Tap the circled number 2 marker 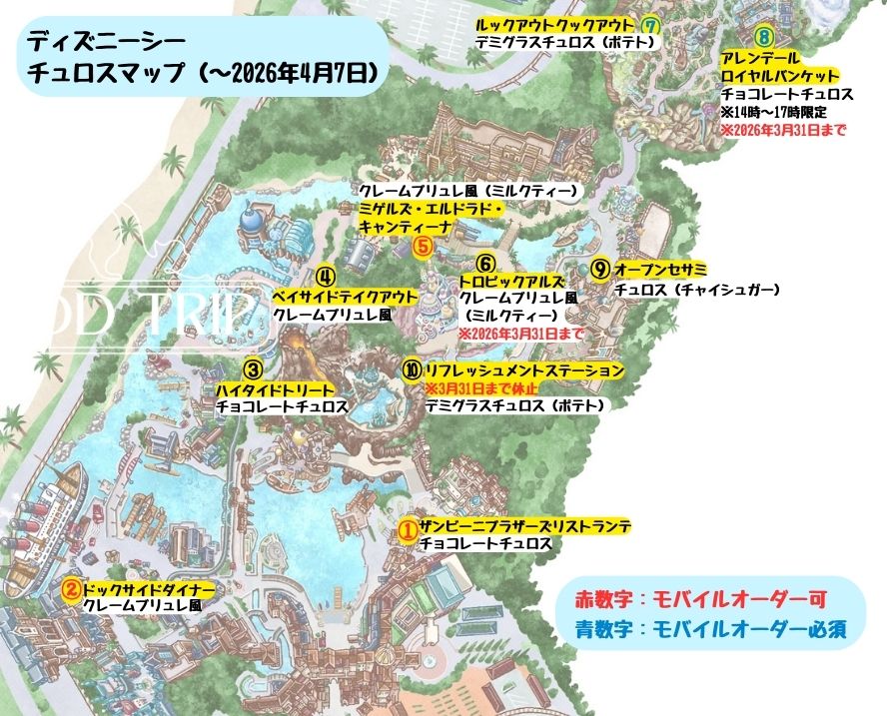(x=71, y=588)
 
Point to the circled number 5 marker (x=423, y=243)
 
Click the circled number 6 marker (x=485, y=264)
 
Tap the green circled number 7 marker (x=652, y=25)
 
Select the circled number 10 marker (x=412, y=369)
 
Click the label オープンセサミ (x=660, y=271)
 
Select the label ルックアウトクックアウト (x=554, y=24)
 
